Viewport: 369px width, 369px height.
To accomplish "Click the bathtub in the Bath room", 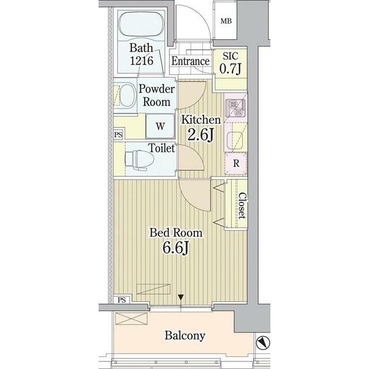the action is pos(141,24).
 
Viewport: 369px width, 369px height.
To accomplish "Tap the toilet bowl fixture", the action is pos(140,160).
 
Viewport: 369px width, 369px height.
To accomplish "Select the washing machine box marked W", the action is pos(160,126).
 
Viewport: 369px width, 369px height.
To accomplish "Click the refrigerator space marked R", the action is pos(236,163).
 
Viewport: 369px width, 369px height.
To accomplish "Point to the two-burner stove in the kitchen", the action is pos(236,108).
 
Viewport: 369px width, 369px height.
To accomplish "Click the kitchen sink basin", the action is pos(235,141).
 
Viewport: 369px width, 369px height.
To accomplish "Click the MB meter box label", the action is pos(226,21).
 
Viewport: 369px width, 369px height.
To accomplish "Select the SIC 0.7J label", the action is pos(231,63).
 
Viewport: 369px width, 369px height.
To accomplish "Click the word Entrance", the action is pos(190,61).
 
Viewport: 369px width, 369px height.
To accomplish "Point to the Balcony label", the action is pos(184,336).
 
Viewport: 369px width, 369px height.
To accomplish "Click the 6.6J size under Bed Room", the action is pos(176,248).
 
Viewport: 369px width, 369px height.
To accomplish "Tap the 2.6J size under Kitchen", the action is pos(201,135).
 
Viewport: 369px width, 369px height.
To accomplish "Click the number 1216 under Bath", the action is pos(141,61).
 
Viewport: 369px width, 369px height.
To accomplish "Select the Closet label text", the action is pos(242,206).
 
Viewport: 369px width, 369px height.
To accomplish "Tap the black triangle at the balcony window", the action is pos(180,297).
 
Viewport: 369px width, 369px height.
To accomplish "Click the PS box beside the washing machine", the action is pos(118,135).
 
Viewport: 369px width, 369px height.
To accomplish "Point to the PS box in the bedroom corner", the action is pos(122,300).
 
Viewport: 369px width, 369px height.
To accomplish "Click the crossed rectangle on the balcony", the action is pos(131,319).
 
